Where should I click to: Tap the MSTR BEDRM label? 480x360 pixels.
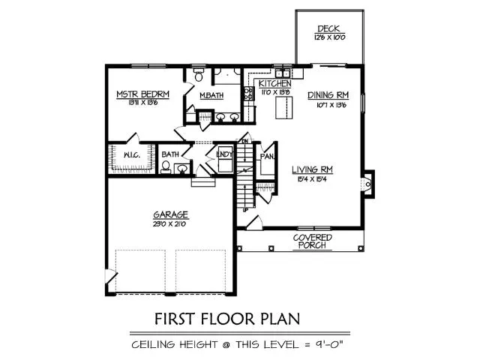coord(142,94)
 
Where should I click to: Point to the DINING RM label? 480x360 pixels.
coord(329,95)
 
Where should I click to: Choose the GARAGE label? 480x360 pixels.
coord(172,214)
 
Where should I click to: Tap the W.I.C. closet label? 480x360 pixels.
coord(130,155)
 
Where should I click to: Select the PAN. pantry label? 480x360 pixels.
coord(266,157)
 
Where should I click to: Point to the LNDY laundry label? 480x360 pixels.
coord(223,154)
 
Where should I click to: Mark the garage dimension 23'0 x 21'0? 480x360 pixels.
coord(172,223)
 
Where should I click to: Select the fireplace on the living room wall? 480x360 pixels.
coord(367,184)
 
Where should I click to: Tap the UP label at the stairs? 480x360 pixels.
coord(245,211)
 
